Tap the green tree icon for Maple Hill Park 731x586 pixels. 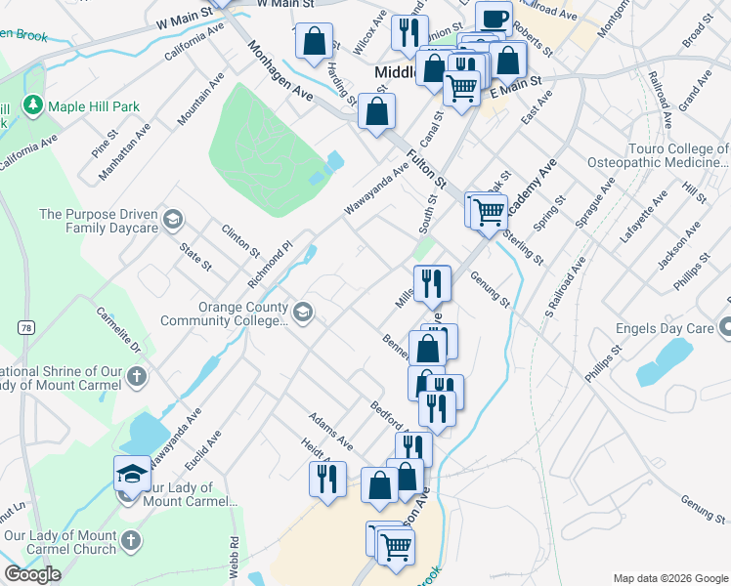[33, 105]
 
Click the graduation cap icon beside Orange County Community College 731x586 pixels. [303, 313]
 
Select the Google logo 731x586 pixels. [32, 574]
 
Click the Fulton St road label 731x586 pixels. [427, 169]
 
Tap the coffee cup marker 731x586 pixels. [494, 19]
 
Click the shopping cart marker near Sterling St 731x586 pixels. [490, 210]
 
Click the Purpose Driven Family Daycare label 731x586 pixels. [98, 221]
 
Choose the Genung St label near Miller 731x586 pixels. [491, 290]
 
